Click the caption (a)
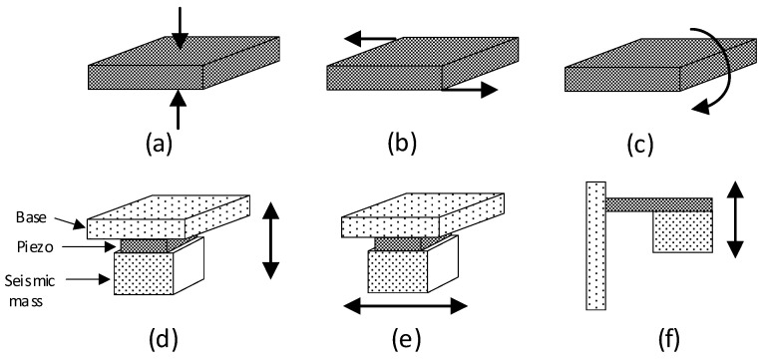[x=159, y=144]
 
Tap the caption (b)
[x=402, y=144]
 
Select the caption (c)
[x=638, y=144]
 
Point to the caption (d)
[x=164, y=340]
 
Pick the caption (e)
[x=406, y=340]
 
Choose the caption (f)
[x=668, y=340]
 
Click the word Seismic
[x=30, y=280]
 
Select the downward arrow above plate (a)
[x=180, y=28]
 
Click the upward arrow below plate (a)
[x=179, y=110]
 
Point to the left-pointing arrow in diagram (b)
[x=370, y=38]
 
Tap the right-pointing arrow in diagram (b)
[x=470, y=90]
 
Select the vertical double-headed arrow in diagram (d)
[x=270, y=240]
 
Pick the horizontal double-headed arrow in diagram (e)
[x=406, y=306]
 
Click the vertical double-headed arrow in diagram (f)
[x=735, y=218]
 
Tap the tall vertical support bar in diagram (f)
[x=595, y=245]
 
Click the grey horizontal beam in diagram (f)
[x=658, y=204]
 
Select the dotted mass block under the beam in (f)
[x=682, y=231]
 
